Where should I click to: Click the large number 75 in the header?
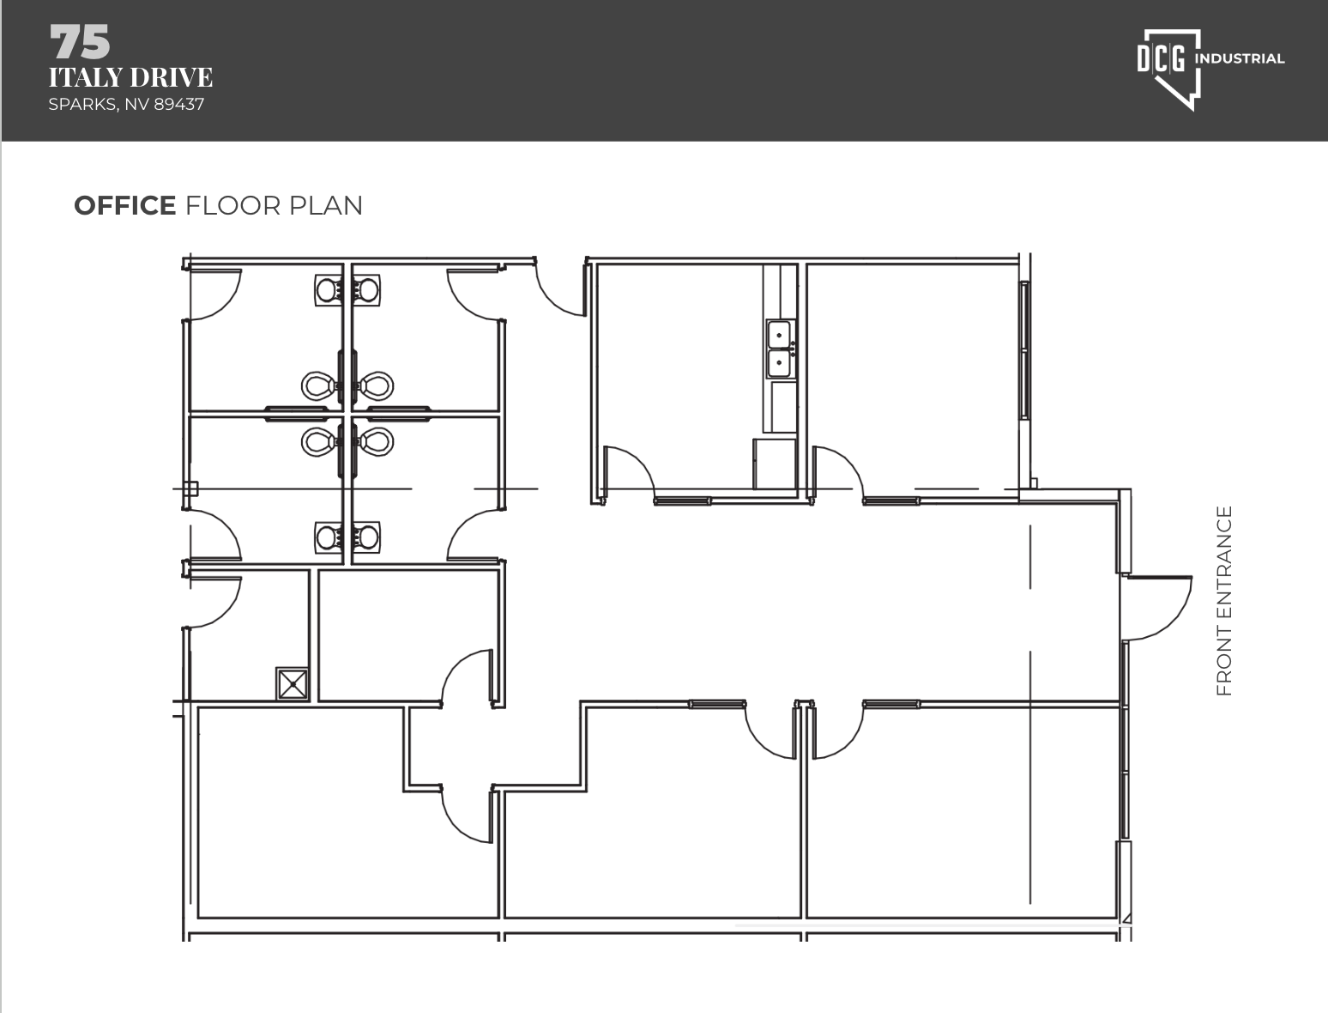(x=80, y=42)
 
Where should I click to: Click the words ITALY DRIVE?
(x=130, y=77)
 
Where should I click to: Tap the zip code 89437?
(x=178, y=104)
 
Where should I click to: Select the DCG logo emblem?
(x=1169, y=70)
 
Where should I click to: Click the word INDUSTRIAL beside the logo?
(x=1240, y=58)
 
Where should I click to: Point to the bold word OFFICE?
(x=124, y=206)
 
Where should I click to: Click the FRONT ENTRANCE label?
(x=1224, y=601)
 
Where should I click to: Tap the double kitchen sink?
(x=780, y=348)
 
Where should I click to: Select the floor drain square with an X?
(x=293, y=684)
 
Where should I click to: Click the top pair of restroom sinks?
(x=347, y=290)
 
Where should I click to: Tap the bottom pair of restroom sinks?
(x=347, y=537)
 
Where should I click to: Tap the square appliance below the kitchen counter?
(x=774, y=464)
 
